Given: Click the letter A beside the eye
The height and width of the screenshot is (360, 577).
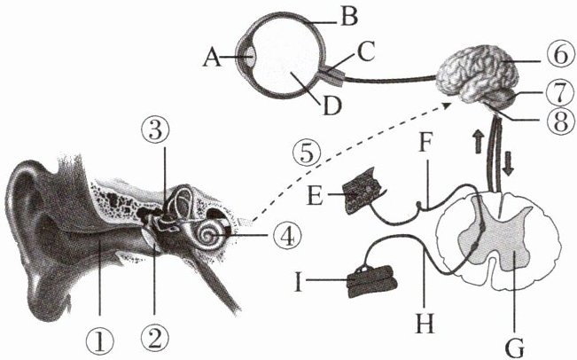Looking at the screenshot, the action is (213, 58).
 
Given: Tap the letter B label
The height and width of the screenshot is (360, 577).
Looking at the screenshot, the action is (349, 17).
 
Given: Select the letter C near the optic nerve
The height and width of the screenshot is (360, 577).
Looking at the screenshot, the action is (366, 51).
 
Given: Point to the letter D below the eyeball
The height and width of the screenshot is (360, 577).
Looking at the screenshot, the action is (331, 106).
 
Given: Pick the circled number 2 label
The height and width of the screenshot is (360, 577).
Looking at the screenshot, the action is (154, 339).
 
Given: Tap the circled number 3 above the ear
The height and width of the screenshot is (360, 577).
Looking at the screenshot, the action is (155, 131).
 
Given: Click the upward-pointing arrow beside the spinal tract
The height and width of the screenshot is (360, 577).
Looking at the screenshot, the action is (479, 141).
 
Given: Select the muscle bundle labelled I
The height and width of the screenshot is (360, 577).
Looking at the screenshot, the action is (371, 281).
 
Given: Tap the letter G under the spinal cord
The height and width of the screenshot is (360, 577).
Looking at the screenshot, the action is (515, 349).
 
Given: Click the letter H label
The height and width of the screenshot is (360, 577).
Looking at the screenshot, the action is (425, 323).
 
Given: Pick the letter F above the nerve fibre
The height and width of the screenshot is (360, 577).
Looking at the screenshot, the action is (425, 143).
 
